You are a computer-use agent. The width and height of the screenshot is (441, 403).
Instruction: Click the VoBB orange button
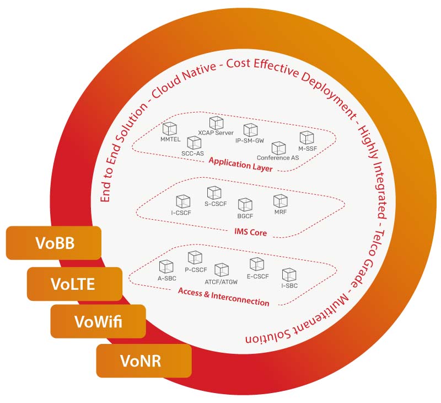pyautogui.click(x=53, y=243)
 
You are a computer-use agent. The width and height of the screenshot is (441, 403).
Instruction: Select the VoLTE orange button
pyautogui.click(x=74, y=284)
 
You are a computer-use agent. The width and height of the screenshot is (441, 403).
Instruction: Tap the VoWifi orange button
pyautogui.click(x=98, y=321)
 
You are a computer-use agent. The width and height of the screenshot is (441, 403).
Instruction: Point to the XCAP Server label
pyautogui.click(x=216, y=133)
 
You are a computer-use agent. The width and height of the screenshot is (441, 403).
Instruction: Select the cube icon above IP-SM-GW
pyautogui.click(x=250, y=130)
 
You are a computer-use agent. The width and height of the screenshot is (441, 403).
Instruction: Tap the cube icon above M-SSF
pyautogui.click(x=306, y=137)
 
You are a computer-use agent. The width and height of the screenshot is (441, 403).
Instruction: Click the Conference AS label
pyautogui.click(x=278, y=158)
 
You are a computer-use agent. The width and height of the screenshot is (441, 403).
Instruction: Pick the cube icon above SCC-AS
pyautogui.click(x=194, y=142)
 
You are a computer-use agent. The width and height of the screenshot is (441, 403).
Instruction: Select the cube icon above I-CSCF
pyautogui.click(x=182, y=201)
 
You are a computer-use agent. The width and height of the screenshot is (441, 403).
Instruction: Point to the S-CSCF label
pyautogui.click(x=214, y=204)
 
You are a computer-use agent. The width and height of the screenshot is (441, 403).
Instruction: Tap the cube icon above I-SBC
pyautogui.click(x=289, y=274)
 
